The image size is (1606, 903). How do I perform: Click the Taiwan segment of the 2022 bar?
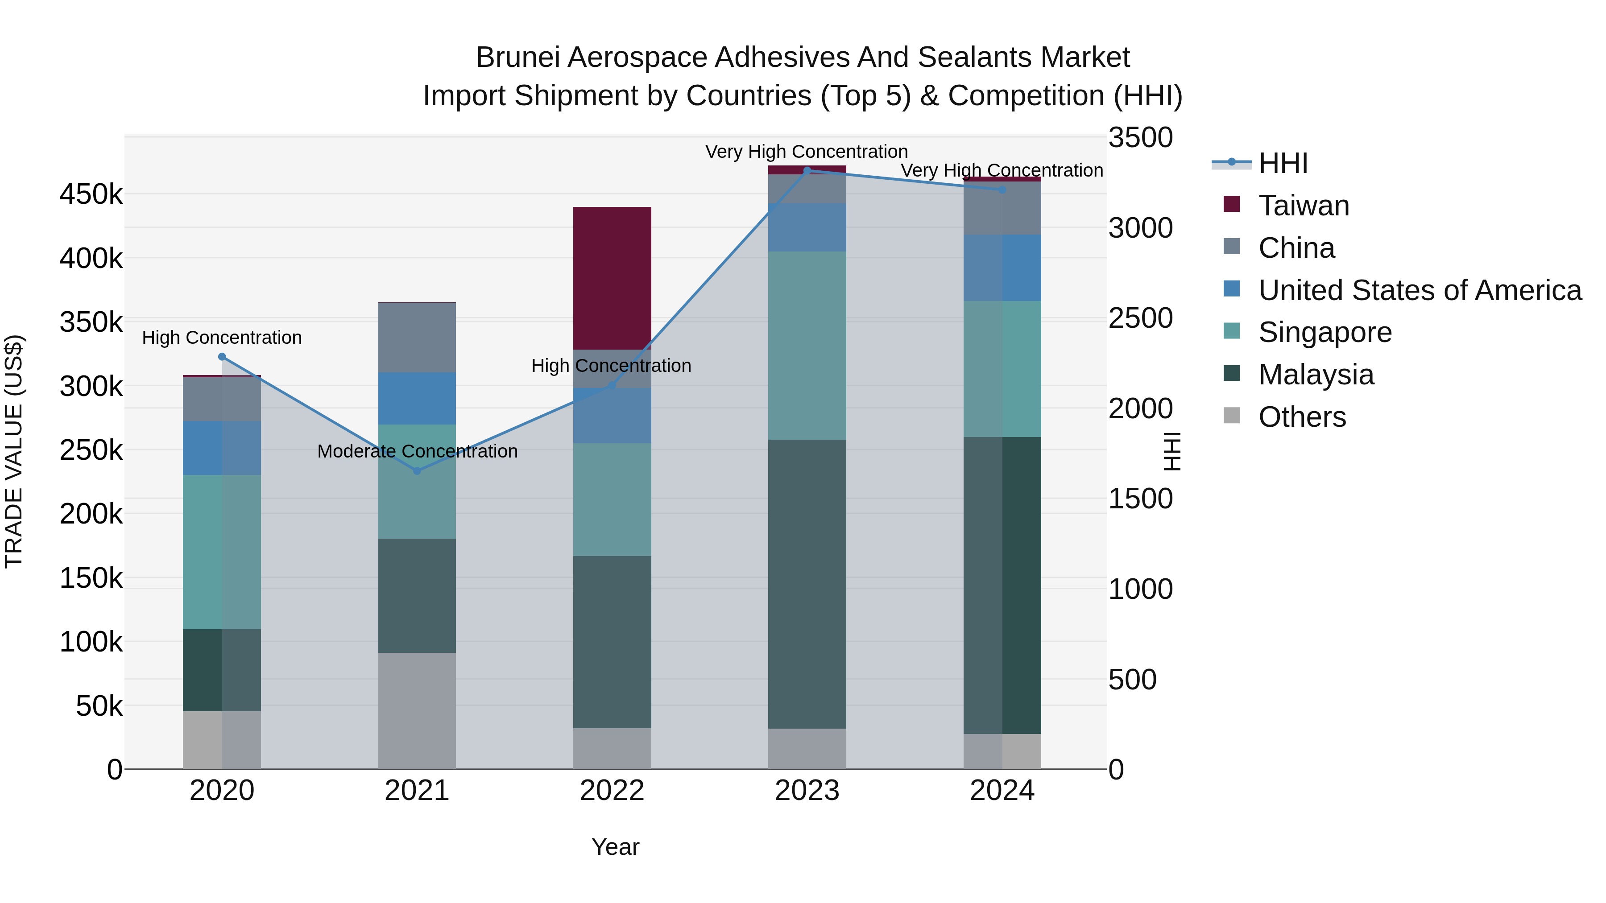[612, 278]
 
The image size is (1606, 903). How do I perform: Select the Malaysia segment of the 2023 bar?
[807, 584]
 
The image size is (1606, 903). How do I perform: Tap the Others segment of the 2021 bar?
[417, 710]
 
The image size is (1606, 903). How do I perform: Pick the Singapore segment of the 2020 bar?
[222, 552]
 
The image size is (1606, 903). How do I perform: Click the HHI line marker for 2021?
[417, 470]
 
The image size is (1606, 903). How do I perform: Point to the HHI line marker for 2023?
[807, 170]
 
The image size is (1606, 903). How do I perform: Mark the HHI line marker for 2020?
[222, 356]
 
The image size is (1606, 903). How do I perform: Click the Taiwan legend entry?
[1303, 206]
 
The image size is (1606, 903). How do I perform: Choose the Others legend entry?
[1301, 417]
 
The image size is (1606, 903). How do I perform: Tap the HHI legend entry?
[1283, 163]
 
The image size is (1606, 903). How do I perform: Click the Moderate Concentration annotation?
[417, 451]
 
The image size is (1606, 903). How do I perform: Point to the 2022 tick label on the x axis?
[612, 791]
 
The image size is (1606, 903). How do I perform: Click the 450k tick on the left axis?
[91, 194]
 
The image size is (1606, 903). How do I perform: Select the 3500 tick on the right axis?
[1140, 138]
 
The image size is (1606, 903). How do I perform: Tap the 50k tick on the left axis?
[99, 706]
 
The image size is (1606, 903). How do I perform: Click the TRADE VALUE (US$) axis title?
[14, 451]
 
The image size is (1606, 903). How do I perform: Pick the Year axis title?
[615, 847]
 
